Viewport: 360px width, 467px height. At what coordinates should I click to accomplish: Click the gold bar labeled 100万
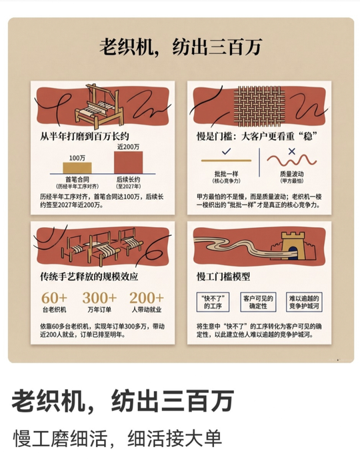[77, 168]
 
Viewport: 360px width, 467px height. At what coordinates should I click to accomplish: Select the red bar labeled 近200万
[128, 163]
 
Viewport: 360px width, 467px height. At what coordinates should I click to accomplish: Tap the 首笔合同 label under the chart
[77, 180]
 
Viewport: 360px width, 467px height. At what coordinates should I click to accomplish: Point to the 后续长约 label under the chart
[128, 180]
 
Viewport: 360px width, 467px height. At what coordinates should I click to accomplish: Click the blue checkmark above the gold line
[226, 152]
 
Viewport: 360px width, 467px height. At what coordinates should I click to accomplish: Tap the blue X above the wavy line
[292, 151]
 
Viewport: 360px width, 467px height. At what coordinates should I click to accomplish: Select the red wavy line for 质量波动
[291, 161]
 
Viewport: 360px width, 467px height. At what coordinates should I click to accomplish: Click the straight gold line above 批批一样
[226, 161]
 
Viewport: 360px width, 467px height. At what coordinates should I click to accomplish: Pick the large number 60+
[54, 298]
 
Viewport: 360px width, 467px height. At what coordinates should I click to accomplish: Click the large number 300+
[99, 298]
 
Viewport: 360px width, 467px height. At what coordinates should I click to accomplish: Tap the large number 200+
[147, 298]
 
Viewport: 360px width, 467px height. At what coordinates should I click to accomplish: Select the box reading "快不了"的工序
[213, 302]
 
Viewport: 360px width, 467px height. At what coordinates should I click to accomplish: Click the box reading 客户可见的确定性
[258, 302]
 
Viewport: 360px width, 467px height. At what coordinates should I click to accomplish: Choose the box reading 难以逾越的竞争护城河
[304, 302]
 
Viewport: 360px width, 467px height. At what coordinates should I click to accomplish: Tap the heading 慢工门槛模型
[223, 276]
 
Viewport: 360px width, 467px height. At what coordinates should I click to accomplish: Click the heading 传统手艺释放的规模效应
[89, 276]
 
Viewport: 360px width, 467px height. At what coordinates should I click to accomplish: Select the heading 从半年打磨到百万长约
[85, 137]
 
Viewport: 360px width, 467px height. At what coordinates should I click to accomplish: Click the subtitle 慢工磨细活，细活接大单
[117, 438]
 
